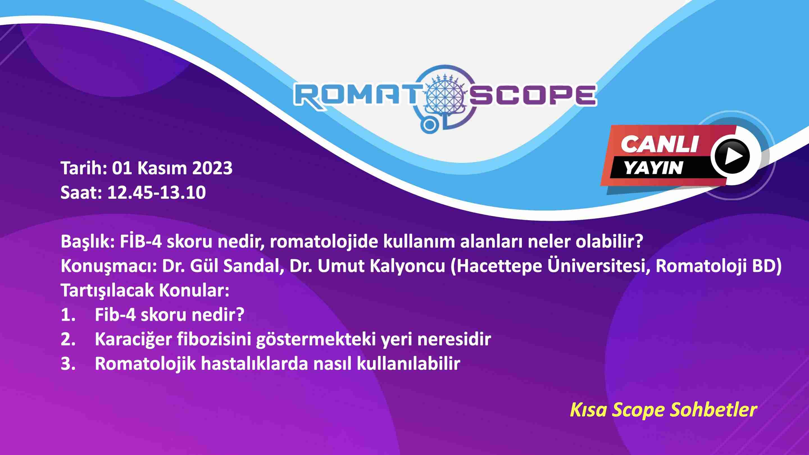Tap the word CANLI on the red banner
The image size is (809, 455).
[659, 144]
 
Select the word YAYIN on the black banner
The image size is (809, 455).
[653, 168]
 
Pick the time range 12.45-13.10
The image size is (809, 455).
[156, 192]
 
